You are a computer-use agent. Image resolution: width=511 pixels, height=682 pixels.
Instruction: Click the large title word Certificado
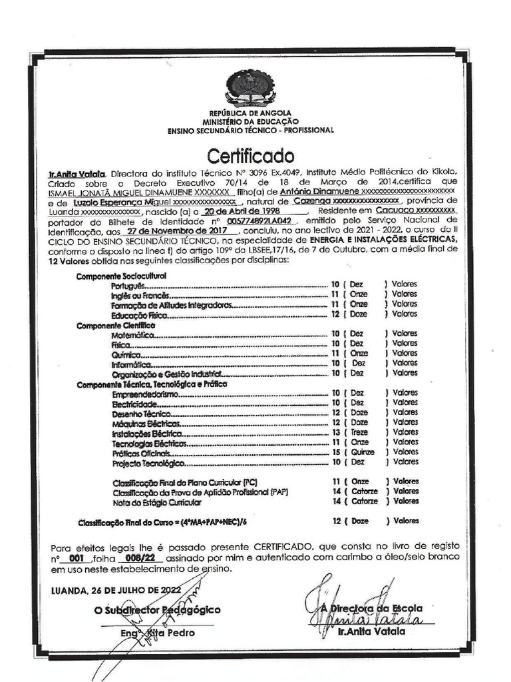point(250,157)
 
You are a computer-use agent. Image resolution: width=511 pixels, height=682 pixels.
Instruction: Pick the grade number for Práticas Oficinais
point(336,452)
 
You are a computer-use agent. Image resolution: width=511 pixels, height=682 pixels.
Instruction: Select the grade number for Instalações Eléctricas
point(336,432)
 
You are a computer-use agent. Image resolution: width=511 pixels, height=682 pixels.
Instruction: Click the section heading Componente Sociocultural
point(120,275)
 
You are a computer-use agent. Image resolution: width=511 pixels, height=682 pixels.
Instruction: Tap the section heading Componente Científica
point(116,324)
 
